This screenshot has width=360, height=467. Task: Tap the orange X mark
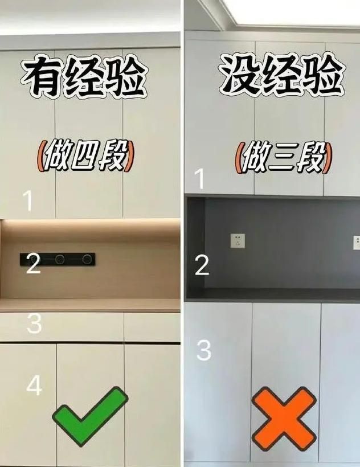pos(284,419)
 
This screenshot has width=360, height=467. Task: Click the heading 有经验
pos(84,76)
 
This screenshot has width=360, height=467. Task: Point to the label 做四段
pos(86,156)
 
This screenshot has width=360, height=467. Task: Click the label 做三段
pos(284,158)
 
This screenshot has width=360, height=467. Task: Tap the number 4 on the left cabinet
pos(34,385)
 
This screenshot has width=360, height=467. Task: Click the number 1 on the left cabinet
pos(28,200)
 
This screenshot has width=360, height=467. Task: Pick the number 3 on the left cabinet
pos(34,323)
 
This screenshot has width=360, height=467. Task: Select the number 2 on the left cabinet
pos(33,263)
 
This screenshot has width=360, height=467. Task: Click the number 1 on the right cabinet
pos(200,179)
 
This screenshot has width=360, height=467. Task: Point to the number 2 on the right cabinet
pos(202,265)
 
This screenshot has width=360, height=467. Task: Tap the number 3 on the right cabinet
pos(204,350)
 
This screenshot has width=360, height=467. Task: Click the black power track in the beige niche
pos(58,259)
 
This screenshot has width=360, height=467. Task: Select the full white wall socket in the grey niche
pos(238,241)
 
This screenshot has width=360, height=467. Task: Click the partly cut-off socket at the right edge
pos(357,243)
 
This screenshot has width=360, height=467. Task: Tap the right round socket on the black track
pos(87,259)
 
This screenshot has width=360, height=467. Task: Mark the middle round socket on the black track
pos(60,259)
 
